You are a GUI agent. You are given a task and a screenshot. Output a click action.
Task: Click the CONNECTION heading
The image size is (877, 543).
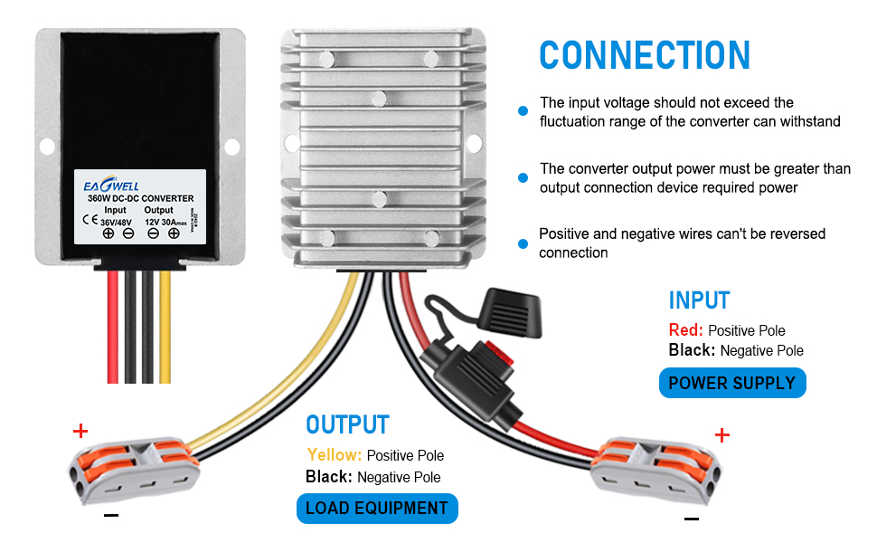pyautogui.click(x=645, y=55)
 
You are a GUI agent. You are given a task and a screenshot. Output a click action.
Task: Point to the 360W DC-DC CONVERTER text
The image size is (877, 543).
pyautogui.click(x=140, y=197)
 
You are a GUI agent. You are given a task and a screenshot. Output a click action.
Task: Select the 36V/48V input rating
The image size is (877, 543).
pyautogui.click(x=115, y=222)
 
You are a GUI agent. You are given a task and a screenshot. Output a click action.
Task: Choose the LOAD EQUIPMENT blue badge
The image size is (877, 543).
pyautogui.click(x=377, y=508)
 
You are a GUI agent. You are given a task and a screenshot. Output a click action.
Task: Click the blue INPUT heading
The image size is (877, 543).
pyautogui.click(x=699, y=300)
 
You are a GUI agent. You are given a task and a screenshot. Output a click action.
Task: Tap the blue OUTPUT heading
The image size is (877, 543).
pyautogui.click(x=347, y=425)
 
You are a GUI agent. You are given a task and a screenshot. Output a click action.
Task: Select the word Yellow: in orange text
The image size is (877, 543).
pyautogui.click(x=334, y=455)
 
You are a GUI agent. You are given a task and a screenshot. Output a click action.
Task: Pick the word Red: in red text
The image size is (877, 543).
pyautogui.click(x=685, y=330)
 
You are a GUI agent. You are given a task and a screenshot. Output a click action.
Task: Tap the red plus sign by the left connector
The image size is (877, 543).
pyautogui.click(x=81, y=431)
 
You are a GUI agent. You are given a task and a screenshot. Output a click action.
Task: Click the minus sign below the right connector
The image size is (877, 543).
pyautogui.click(x=692, y=519)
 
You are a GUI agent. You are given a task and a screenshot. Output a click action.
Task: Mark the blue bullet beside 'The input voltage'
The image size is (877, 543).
pyautogui.click(x=523, y=111)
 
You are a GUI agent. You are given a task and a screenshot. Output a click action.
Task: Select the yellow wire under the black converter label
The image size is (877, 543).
pyautogui.click(x=165, y=326)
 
